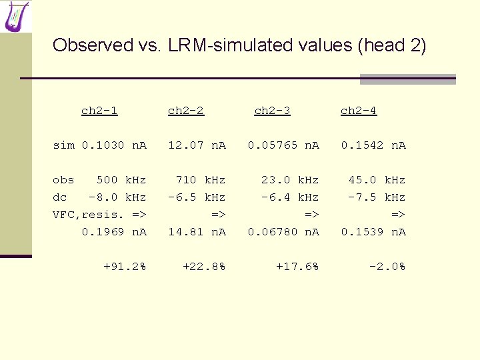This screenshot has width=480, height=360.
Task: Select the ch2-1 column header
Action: [x=99, y=111]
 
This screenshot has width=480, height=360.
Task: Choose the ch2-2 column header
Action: [x=186, y=111]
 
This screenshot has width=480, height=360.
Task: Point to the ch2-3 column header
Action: [x=272, y=111]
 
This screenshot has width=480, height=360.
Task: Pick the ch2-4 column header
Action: [x=359, y=111]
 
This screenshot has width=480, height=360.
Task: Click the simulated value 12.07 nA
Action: [x=197, y=145]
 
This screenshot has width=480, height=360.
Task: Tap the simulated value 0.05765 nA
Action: [x=283, y=145]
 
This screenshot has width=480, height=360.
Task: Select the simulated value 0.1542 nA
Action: [x=373, y=145]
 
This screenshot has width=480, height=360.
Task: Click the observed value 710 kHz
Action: [x=201, y=180]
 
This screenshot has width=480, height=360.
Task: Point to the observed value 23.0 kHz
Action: [x=290, y=180]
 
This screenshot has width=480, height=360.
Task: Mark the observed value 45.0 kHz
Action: [x=377, y=180]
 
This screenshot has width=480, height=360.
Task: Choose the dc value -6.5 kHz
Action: [x=197, y=197]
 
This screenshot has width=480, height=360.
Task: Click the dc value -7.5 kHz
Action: [x=377, y=197]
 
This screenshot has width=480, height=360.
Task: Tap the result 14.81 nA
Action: [x=197, y=232]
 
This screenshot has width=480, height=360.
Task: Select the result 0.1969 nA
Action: [x=114, y=232]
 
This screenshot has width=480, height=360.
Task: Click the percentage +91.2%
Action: [x=125, y=267]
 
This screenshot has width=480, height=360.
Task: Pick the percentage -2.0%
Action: [x=387, y=267]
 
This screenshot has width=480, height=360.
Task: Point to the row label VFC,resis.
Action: [x=89, y=215]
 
